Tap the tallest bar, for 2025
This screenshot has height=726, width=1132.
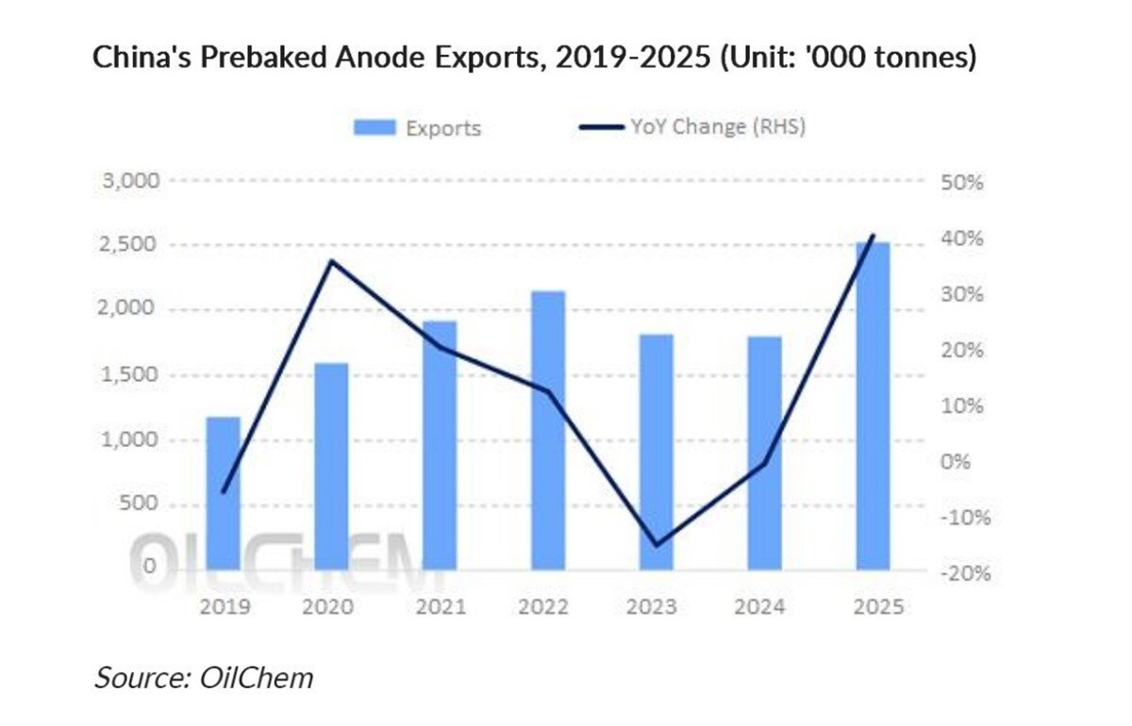tap(873, 405)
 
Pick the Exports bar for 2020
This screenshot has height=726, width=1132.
tap(331, 466)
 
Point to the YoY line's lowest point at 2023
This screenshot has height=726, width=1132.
tap(656, 545)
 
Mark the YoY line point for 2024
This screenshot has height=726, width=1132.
tap(764, 463)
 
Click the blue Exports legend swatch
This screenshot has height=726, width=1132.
tap(375, 127)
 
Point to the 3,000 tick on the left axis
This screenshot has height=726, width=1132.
tap(130, 180)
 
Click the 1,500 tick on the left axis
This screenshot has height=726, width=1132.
tap(130, 375)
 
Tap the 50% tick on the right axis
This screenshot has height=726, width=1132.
tap(961, 183)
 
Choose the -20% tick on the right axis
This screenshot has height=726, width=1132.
tap(957, 573)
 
